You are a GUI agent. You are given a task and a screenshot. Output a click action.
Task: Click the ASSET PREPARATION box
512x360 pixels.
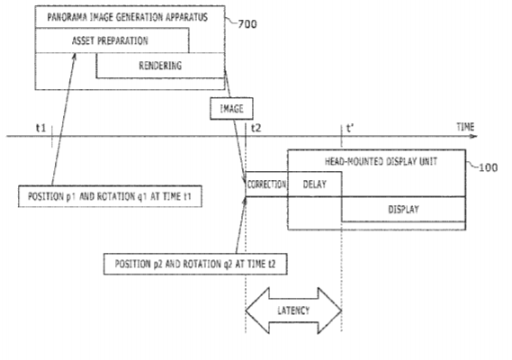pos(112,40)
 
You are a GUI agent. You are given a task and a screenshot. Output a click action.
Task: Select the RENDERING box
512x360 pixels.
pos(160,66)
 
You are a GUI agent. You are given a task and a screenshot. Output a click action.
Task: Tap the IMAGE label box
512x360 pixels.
pos(231,109)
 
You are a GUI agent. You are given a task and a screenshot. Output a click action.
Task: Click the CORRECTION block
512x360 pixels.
pos(266,184)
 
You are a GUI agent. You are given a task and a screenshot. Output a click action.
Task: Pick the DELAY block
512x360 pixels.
pos(315,184)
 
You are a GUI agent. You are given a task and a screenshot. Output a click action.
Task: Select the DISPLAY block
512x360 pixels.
pos(404,209)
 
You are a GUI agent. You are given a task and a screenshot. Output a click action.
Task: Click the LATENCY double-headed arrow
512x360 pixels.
pos(293,310)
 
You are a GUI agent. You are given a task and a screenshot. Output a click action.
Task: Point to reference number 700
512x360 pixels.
pos(247,24)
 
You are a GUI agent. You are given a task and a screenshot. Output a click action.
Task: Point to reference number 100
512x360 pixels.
pos(489,168)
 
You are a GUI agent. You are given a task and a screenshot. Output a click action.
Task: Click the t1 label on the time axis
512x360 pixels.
pos(40,128)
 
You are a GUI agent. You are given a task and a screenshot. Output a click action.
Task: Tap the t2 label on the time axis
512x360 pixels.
pos(256,128)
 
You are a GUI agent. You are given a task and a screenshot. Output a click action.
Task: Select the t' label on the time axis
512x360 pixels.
pos(350,128)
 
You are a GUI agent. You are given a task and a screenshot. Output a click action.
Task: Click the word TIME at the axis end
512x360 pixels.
pos(465,127)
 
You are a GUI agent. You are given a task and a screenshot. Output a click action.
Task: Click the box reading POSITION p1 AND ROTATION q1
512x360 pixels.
pos(110,196)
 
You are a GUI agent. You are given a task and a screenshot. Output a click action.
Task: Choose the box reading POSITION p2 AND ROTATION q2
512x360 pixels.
pos(195,264)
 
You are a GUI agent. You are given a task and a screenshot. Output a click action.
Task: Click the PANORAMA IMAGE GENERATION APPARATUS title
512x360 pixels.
pos(128,17)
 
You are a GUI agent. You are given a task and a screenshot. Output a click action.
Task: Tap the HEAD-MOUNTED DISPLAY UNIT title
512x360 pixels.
pos(381,161)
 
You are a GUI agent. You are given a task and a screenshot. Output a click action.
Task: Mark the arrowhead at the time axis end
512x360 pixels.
pos(474,136)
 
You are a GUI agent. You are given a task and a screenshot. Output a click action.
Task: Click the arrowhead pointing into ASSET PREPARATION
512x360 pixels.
pos(75,57)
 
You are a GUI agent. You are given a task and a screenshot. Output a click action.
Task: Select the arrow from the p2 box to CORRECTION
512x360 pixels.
pos(241,225)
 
